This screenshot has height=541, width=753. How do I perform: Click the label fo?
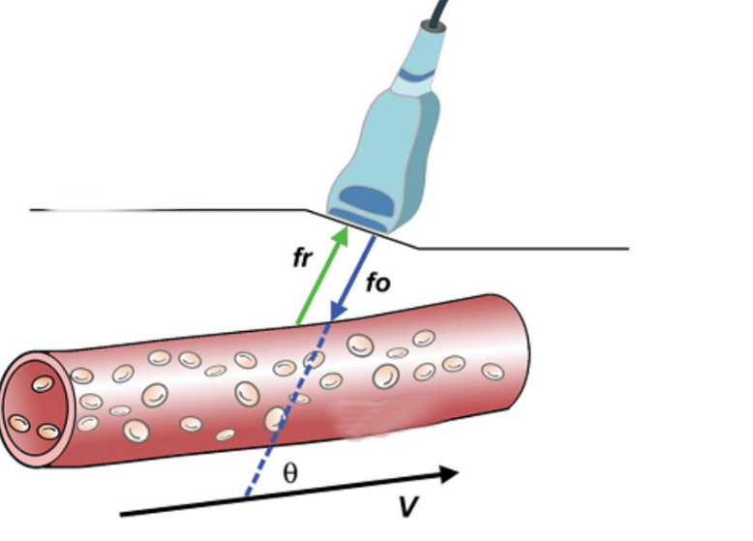(378, 285)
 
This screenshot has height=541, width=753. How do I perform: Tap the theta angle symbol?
(290, 474)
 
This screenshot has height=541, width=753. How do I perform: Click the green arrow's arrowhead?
(341, 236)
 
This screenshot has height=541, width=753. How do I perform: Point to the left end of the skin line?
(34, 209)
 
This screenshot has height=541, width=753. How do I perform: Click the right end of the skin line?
(627, 249)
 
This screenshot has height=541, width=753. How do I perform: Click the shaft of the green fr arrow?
(319, 281)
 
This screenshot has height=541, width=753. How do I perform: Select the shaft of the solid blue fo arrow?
(353, 276)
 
